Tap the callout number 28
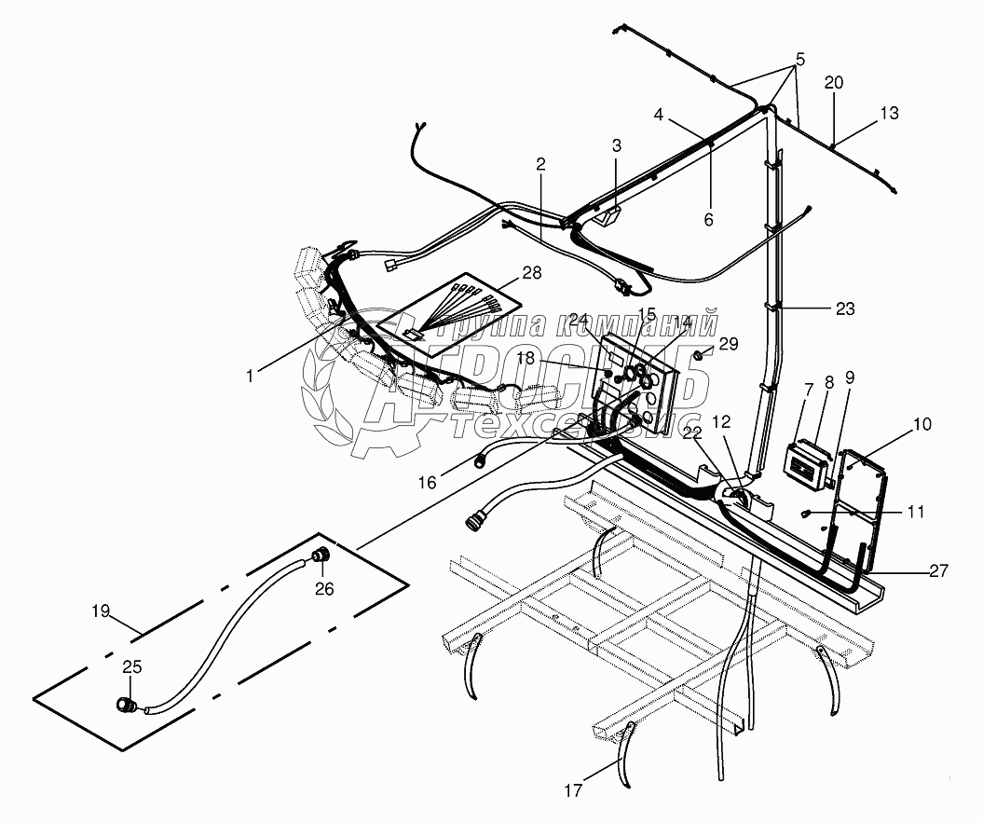[x=531, y=271]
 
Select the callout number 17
[x=573, y=790]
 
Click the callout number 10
[x=922, y=425]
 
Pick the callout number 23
[x=845, y=308]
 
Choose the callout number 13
[x=889, y=113]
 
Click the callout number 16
[x=427, y=482]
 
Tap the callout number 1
[x=250, y=375]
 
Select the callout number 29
[x=728, y=344]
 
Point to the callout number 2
[x=540, y=164]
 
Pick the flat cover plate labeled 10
[x=862, y=508]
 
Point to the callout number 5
[x=798, y=60]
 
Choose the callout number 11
[x=916, y=512]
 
